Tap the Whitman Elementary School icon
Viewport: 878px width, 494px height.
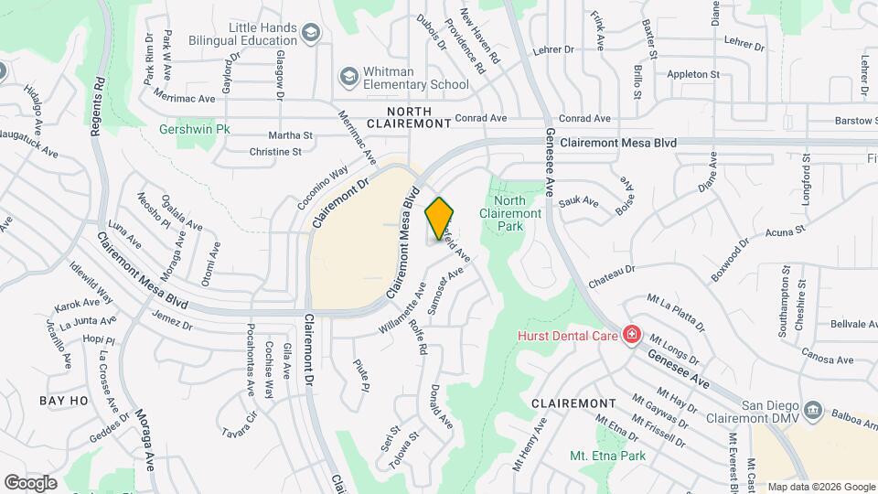[347, 76]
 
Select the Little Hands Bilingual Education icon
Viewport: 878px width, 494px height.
[311, 34]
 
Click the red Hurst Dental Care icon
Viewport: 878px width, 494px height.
[630, 336]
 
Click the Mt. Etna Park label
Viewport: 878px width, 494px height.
[607, 456]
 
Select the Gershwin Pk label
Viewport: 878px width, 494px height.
[193, 129]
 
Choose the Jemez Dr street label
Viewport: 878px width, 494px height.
[174, 321]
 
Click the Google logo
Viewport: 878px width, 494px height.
[30, 482]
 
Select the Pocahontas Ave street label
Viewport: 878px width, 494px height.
[250, 359]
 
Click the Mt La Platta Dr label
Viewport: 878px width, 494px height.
[676, 312]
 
